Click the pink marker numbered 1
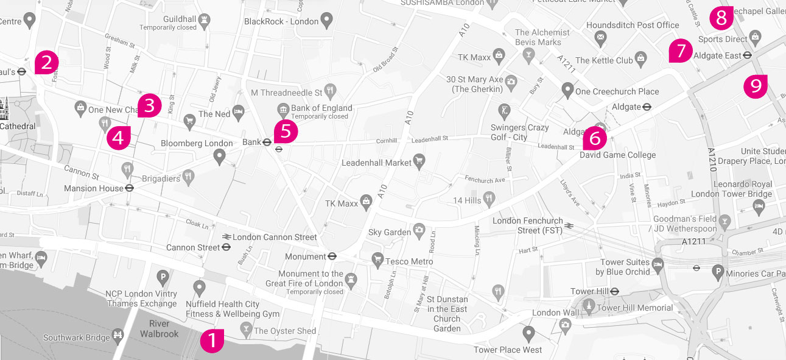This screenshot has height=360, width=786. [212, 340]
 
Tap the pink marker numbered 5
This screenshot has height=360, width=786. [286, 131]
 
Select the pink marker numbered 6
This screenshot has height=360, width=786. [594, 138]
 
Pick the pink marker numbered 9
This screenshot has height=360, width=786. [756, 85]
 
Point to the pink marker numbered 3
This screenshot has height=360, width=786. [149, 105]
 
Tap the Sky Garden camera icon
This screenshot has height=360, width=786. [419, 230]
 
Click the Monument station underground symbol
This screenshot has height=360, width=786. [332, 256]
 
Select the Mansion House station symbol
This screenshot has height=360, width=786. [129, 188]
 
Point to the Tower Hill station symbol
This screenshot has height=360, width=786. [614, 291]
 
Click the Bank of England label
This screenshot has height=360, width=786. [321, 108]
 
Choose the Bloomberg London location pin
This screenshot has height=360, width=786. [220, 157]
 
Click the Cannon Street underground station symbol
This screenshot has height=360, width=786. [226, 247]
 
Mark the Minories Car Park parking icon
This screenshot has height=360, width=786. [718, 272]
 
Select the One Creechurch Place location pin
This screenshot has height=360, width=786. [567, 91]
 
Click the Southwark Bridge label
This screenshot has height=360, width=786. [76, 337]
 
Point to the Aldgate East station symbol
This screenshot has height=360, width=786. [747, 55]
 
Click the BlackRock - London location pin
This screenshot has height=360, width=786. [327, 22]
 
